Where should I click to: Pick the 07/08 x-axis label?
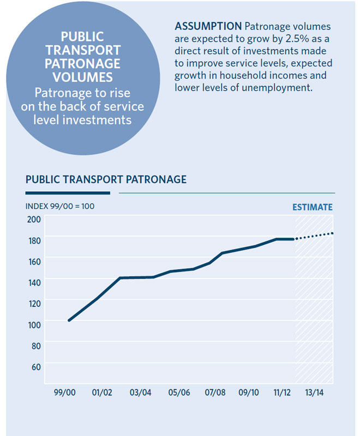216,393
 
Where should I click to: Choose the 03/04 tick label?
141,393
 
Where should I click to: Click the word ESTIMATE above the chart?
312,208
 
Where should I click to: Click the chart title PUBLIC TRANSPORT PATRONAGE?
106,179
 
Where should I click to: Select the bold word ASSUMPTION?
208,27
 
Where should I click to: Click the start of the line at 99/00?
69,320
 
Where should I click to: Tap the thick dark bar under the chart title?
68,192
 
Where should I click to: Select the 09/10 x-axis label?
249,393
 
